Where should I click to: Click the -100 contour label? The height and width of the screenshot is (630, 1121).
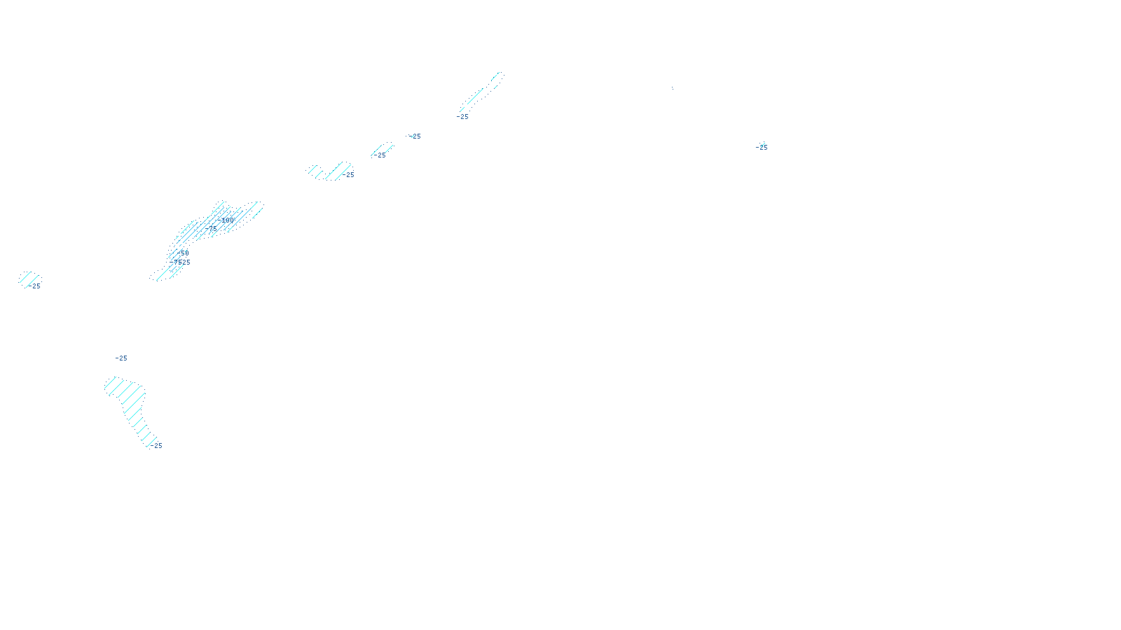pos(226,220)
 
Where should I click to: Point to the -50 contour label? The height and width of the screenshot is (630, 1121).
pos(184,253)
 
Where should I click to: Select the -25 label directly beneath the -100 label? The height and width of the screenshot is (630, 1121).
pos(211,228)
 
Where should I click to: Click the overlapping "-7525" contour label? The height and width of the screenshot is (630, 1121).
pos(179,262)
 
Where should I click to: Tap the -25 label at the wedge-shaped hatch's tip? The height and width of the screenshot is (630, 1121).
pos(156,446)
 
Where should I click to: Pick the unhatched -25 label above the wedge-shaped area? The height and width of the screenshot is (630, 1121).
pos(122,358)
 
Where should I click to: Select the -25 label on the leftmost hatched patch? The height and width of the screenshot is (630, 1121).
pos(34,286)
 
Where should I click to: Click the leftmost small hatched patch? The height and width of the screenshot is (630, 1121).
pos(29,278)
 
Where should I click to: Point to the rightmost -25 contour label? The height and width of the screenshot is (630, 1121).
pos(762,148)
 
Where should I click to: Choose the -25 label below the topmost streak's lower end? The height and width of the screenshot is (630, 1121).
pos(462,117)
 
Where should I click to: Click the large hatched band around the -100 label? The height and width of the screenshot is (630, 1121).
pos(217,220)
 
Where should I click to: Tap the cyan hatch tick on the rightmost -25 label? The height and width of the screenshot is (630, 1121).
pos(762,143)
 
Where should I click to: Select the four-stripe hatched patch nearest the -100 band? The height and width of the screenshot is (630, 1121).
pos(329,171)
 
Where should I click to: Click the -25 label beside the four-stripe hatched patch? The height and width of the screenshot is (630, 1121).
pos(349,175)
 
